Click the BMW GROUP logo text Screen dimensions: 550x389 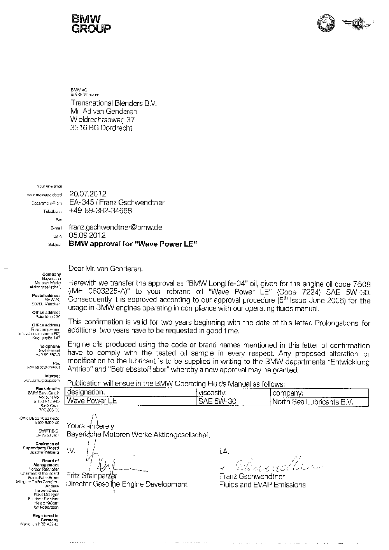point(91,23)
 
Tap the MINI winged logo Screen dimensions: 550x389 point(357,24)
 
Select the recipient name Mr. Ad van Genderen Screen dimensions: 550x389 point(104,112)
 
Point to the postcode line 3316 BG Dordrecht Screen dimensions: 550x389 point(101,128)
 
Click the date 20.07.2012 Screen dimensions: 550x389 point(88,194)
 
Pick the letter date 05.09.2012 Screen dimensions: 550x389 point(88,235)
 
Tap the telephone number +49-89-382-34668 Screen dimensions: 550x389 point(100,211)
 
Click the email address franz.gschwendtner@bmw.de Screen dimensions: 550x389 point(116,227)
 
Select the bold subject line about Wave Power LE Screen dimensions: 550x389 point(133,244)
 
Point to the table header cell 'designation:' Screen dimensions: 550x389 point(86,392)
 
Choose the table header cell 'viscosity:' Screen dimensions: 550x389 point(212,392)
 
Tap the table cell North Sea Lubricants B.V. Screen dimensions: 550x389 point(313,402)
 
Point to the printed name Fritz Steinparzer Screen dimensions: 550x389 point(92,476)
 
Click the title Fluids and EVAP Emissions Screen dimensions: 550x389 point(262,485)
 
